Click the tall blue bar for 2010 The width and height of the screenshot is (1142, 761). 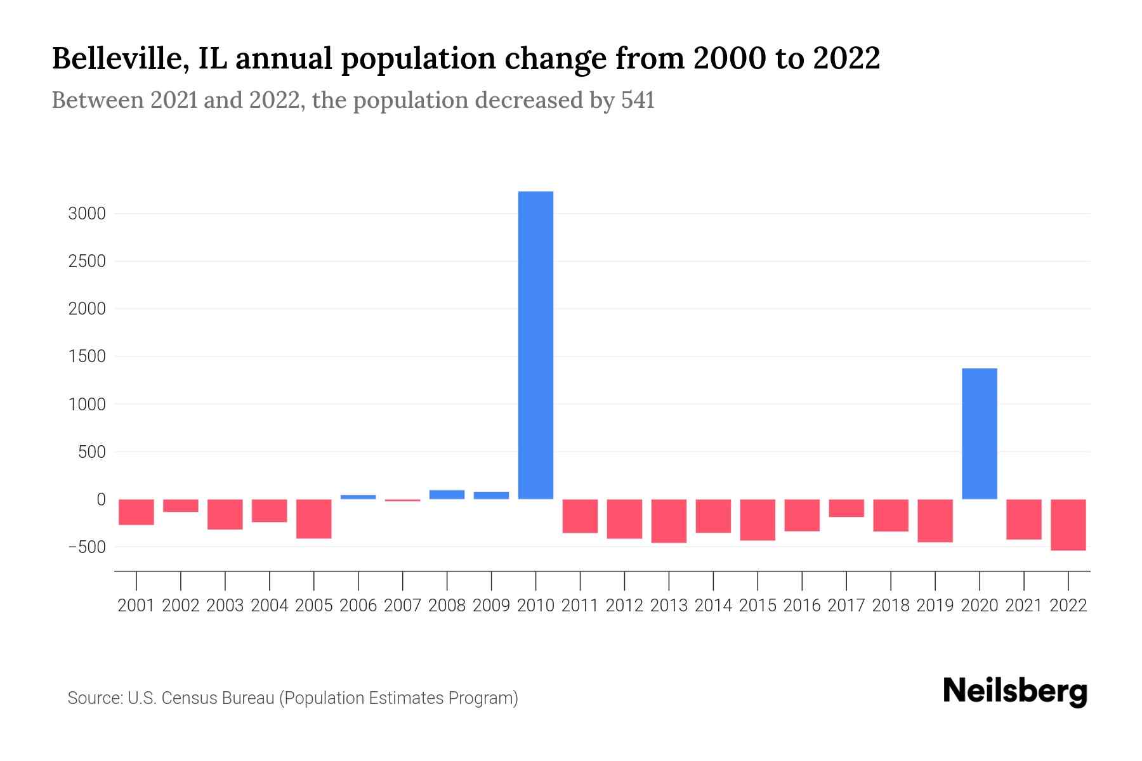coord(535,346)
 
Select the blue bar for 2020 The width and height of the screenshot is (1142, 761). coord(979,434)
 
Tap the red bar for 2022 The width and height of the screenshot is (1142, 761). coord(1068,524)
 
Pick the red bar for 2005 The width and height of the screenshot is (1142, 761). coord(313,519)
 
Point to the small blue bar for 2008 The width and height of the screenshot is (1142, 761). coord(447,495)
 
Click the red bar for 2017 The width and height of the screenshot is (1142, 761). coord(846,508)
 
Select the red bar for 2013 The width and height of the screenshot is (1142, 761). coord(669,521)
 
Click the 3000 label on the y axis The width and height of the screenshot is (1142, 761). coord(86,214)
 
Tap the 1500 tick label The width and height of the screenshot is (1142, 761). coord(86,356)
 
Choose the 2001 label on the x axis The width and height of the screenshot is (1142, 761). coord(136,606)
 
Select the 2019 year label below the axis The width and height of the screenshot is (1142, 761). coord(935,606)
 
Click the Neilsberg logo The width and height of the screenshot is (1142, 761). coord(1014,691)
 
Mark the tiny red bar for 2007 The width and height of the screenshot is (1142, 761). coord(402,500)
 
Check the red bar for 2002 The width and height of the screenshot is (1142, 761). coord(180,505)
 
